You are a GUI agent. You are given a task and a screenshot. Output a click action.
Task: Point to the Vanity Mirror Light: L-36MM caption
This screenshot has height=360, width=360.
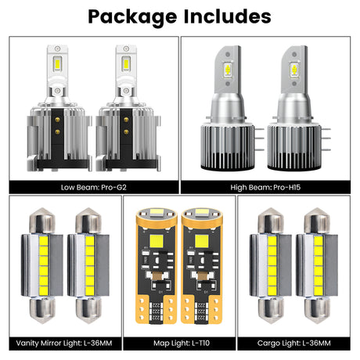tap(60, 344)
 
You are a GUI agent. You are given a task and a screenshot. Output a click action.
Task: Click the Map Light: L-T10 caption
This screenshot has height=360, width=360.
tap(179, 344)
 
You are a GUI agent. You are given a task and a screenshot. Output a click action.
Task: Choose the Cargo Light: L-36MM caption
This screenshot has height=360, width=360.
tap(297, 344)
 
